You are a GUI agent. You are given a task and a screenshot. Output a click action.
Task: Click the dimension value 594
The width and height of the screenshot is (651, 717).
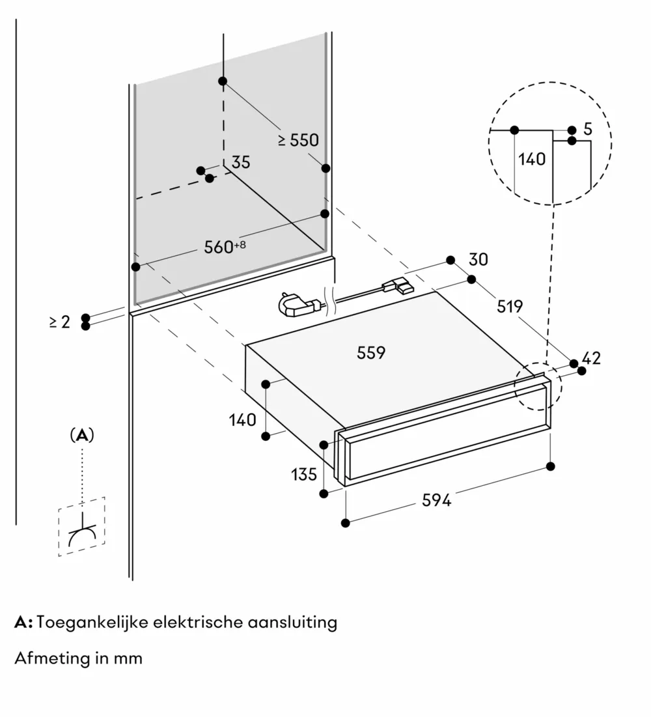pyautogui.click(x=436, y=500)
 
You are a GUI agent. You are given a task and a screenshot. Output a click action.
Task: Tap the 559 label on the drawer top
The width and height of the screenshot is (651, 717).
pyautogui.click(x=371, y=353)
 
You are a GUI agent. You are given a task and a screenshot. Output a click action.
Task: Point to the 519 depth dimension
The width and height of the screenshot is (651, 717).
pyautogui.click(x=510, y=306)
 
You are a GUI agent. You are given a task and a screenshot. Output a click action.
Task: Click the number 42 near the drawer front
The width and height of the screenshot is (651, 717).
pyautogui.click(x=591, y=358)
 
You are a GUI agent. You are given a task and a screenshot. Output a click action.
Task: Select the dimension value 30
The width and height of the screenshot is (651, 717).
pyautogui.click(x=478, y=259)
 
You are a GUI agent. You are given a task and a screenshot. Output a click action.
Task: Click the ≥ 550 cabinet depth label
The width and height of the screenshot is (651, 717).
pyautogui.click(x=298, y=140)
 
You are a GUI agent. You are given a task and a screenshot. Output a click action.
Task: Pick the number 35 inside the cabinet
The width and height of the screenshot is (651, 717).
pyautogui.click(x=240, y=162)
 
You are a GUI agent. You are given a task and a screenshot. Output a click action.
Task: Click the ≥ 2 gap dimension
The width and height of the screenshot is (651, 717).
pyautogui.click(x=60, y=322)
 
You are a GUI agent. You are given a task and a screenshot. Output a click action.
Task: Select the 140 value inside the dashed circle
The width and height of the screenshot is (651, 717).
pyautogui.click(x=532, y=158)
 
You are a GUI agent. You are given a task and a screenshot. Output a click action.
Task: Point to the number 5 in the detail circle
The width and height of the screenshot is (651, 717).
pyautogui.click(x=587, y=129)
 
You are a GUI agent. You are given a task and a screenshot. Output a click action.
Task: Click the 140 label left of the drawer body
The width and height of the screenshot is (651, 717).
pyautogui.click(x=242, y=420)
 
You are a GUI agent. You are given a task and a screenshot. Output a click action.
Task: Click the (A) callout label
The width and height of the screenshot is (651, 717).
pyautogui.click(x=82, y=436)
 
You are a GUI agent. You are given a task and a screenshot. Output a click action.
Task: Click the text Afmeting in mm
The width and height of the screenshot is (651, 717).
pyautogui.click(x=78, y=658)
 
